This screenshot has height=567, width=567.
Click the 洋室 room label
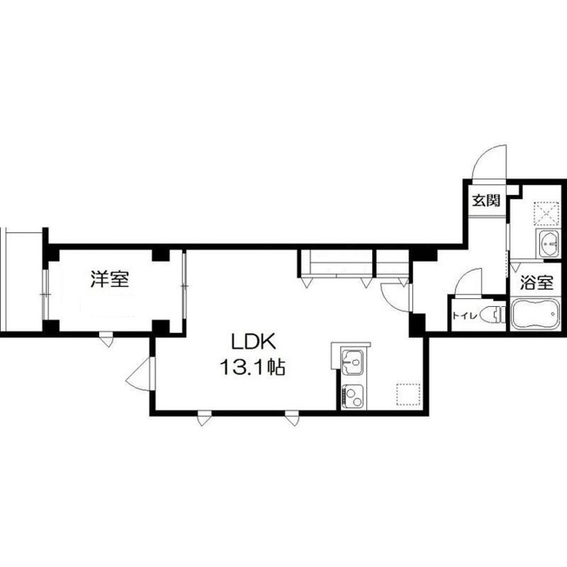point(110,279)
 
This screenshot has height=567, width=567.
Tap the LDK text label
point(253,342)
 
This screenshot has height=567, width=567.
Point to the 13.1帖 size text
point(252,368)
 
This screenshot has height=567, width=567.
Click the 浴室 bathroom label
point(537,283)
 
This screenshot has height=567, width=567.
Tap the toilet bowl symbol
point(493,314)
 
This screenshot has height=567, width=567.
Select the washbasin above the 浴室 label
point(549,243)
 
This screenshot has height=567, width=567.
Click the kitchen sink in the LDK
point(352,363)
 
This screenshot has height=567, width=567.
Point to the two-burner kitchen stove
point(354,397)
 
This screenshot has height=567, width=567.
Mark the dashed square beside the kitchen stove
point(408,395)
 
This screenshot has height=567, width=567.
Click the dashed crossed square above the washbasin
point(547,213)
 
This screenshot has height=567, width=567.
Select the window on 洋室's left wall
point(45,295)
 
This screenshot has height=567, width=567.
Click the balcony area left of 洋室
point(22,281)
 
